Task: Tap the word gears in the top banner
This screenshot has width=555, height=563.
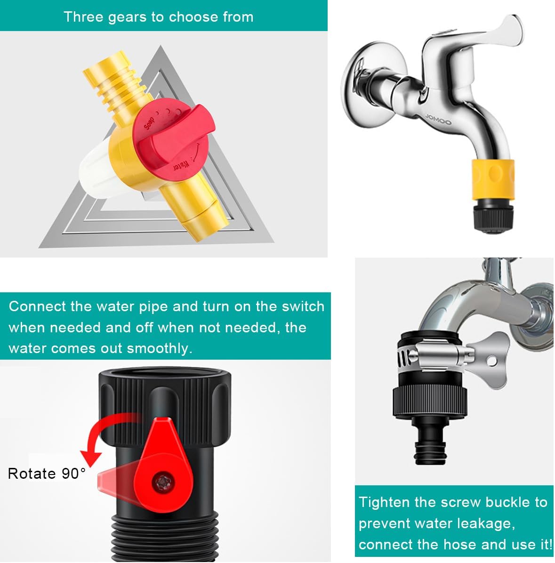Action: pos(121,17)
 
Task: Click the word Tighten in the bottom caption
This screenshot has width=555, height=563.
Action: pos(384,502)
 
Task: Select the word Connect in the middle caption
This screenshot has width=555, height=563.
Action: pos(37,306)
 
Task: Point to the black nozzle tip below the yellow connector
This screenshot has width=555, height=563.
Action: pos(492,215)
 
